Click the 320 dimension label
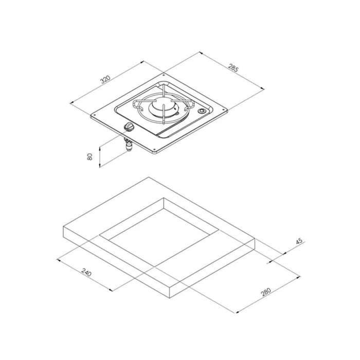(x=105, y=79)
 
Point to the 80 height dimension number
(x=90, y=156)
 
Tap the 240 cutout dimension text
(x=86, y=272)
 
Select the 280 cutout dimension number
(x=266, y=292)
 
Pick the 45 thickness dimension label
(x=299, y=242)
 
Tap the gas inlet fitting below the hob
(x=128, y=145)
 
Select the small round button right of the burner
(x=202, y=111)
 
